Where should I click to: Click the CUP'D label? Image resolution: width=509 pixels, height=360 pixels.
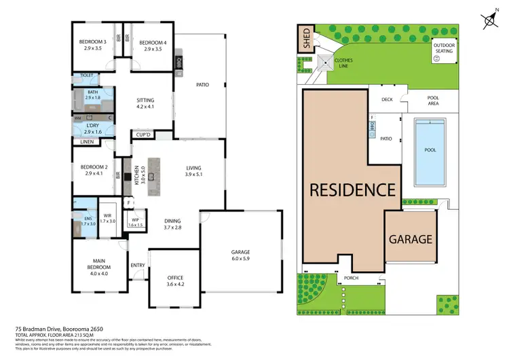[143, 134]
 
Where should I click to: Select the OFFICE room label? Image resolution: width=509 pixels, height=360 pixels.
[175, 278]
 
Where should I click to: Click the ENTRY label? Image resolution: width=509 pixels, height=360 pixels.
[138, 266]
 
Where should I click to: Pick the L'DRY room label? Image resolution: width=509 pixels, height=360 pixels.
[93, 126]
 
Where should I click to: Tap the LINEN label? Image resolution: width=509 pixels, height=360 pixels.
[87, 142]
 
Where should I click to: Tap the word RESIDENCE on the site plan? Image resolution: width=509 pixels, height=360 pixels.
[352, 190]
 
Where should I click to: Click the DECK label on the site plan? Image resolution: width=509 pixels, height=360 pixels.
[387, 99]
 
